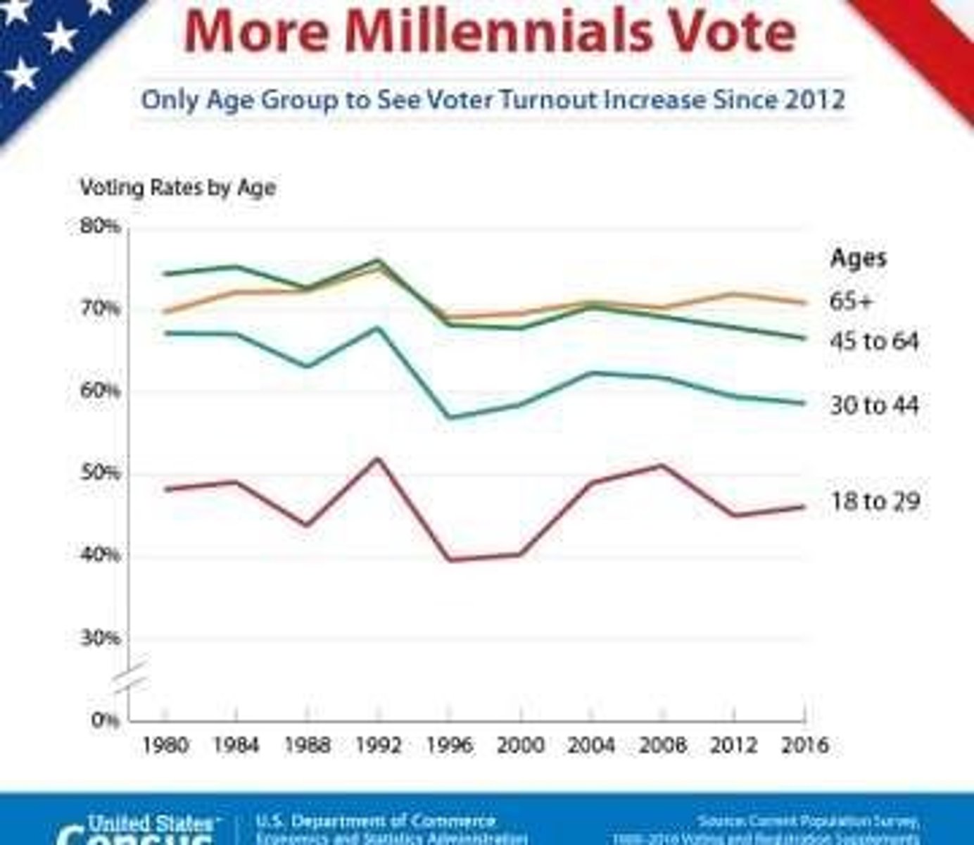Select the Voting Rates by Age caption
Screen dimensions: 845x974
[x=177, y=187]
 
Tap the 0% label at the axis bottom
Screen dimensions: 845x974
[x=105, y=720]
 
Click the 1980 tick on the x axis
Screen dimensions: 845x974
[x=165, y=745]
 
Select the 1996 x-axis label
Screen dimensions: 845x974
[x=450, y=745]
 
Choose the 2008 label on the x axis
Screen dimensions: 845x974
[x=662, y=745]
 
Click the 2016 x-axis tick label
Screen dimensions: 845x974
[x=804, y=745]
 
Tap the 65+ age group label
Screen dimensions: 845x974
[x=851, y=301]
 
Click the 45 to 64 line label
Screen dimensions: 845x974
[x=875, y=342]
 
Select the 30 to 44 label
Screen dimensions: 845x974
[x=875, y=406]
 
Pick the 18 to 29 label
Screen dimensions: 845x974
[x=875, y=501]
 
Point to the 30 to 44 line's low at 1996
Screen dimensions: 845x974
[x=450, y=418]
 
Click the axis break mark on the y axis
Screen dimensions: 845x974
[x=131, y=675]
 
